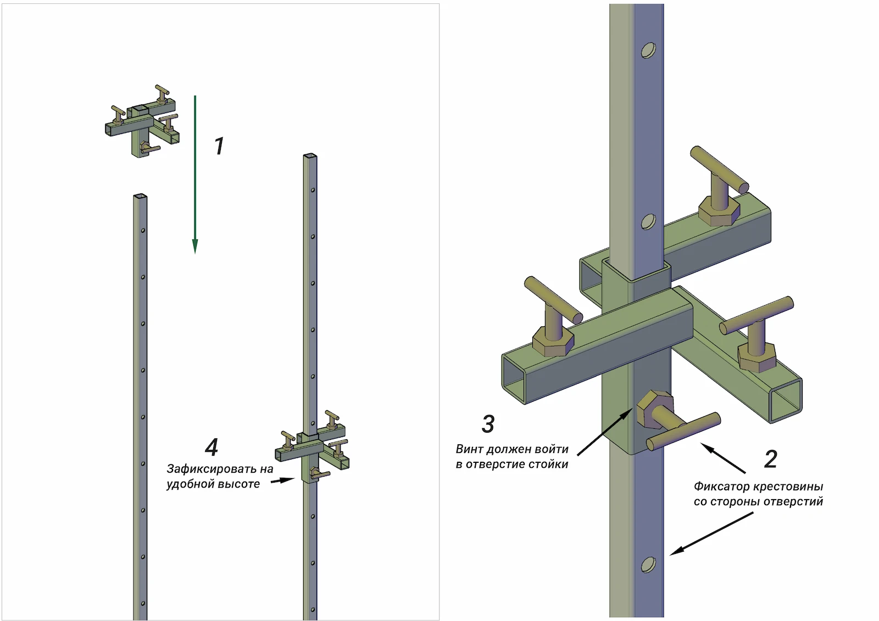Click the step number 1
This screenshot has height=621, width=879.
(219, 146)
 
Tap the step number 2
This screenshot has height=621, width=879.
(771, 459)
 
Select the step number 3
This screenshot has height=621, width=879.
(488, 424)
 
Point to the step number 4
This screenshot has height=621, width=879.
(212, 447)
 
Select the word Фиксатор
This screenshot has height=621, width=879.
(721, 486)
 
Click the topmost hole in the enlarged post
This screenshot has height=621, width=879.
(648, 51)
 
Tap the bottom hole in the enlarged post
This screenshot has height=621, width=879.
(648, 564)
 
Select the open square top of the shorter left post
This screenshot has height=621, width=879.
(140, 197)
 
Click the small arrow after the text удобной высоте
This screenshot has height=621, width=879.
(282, 480)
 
